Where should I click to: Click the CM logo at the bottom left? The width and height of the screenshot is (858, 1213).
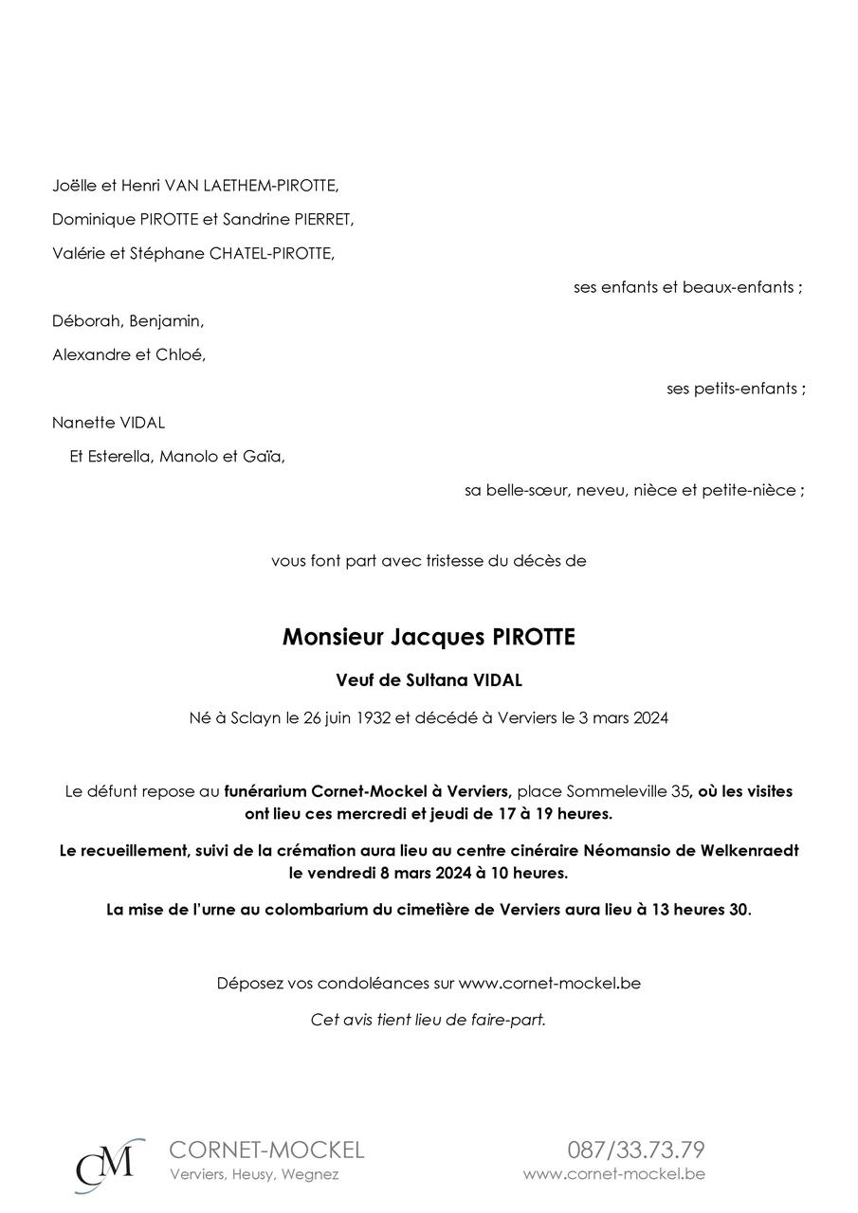(109, 1165)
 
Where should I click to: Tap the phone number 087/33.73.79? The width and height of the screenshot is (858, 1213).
(636, 1150)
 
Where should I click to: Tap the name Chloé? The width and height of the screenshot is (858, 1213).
(185, 355)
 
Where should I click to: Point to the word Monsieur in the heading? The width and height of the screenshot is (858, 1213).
(333, 638)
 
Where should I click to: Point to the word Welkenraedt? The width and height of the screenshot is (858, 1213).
(750, 850)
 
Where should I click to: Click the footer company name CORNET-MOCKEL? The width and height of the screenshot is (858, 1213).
(266, 1150)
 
